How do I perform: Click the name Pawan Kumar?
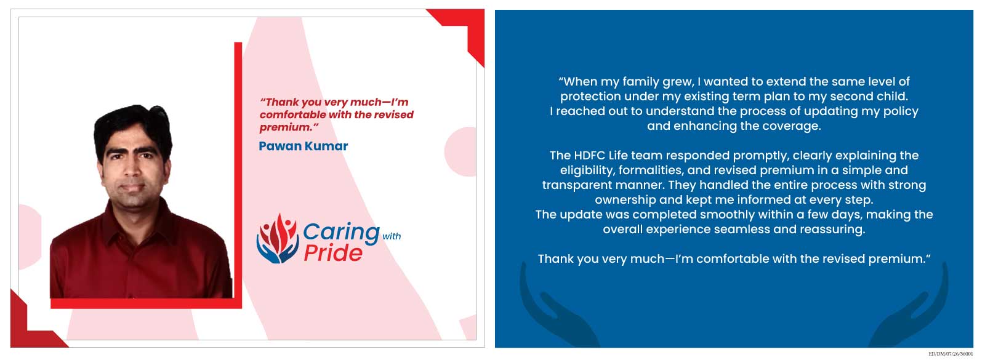pyautogui.click(x=303, y=146)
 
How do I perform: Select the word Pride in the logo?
pyautogui.click(x=333, y=253)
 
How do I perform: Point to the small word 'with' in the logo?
pyautogui.click(x=392, y=236)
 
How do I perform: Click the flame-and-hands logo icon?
pyautogui.click(x=278, y=239)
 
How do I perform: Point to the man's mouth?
pyautogui.click(x=132, y=188)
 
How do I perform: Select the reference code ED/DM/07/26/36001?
pyautogui.click(x=951, y=354)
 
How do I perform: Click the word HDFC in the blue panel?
pyautogui.click(x=590, y=156)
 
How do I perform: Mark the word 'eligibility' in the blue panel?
pyautogui.click(x=587, y=170)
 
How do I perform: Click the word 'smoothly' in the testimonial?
pyautogui.click(x=726, y=215)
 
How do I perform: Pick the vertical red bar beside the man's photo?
pyautogui.click(x=238, y=175)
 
